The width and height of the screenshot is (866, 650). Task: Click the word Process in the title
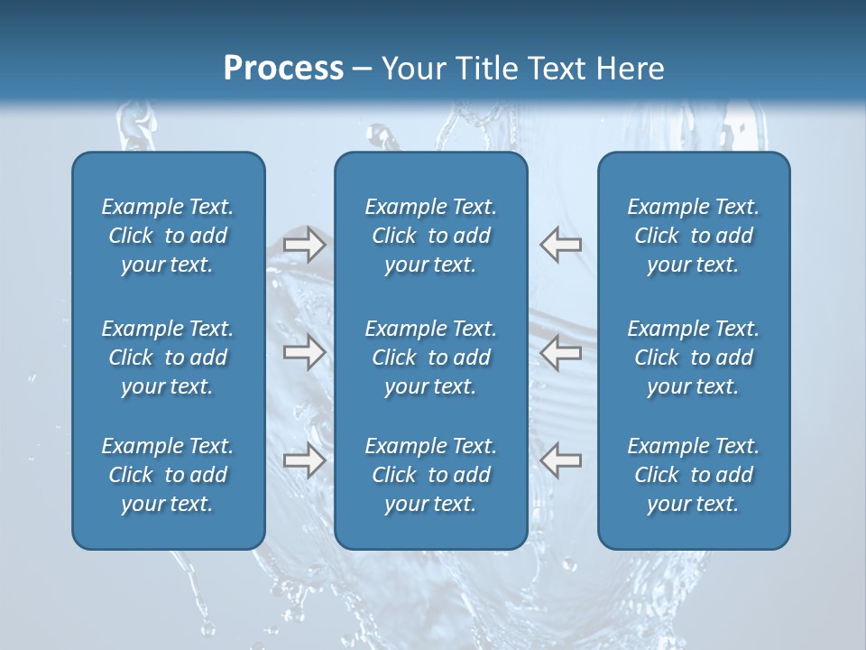coord(283,69)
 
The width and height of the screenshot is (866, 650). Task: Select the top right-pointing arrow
coord(304,244)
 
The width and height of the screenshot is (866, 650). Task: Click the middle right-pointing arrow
coord(304,352)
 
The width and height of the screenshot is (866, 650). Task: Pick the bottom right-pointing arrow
coord(304,460)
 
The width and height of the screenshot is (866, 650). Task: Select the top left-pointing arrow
coord(560,244)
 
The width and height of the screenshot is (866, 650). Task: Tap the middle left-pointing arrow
coord(560,352)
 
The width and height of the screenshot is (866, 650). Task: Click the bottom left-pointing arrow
coord(560,460)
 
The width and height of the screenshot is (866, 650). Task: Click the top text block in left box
coord(168,236)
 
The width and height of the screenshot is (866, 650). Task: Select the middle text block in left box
coord(168,357)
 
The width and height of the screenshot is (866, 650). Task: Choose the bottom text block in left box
coord(168,475)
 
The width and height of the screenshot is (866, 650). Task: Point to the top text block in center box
coord(431,236)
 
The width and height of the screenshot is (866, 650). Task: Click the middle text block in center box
coord(431,357)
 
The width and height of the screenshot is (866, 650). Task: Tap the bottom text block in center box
coord(431,475)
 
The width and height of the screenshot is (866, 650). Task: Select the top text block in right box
coord(694,236)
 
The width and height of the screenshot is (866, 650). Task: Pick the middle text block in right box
coord(694,357)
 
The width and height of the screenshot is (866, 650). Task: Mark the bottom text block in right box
coord(694,475)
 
